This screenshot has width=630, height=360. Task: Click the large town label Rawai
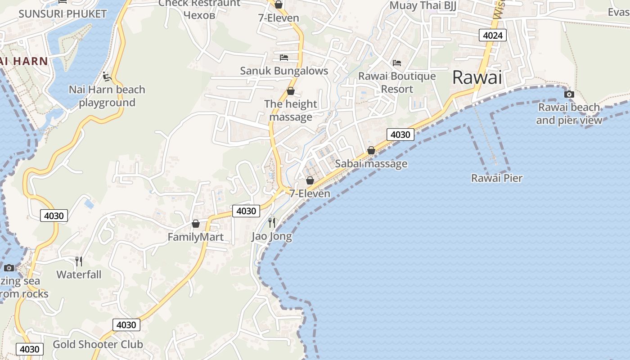pos(477,77)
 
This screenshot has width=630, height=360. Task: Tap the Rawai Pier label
pos(497,178)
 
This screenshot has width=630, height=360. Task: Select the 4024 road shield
pos(493,35)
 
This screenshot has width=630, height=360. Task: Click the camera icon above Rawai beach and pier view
pos(569,94)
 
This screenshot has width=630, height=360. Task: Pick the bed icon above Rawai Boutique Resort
pos(396,63)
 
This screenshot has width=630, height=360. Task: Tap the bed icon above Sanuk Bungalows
pos(284,57)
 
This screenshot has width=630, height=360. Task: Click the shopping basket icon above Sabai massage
pos(371,150)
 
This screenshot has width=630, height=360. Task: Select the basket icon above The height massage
pos(291,91)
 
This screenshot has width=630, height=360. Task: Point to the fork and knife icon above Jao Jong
pos(272,222)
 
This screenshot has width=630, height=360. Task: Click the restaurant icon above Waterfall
pos(79,261)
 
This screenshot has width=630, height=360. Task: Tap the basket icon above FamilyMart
pos(196,223)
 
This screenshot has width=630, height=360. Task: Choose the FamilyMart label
pos(196,237)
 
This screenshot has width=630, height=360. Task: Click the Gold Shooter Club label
pos(98,345)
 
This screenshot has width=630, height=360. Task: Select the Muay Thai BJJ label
pos(423,5)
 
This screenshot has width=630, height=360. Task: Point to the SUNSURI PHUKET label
pos(63,14)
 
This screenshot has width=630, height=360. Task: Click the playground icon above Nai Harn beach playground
pos(107,76)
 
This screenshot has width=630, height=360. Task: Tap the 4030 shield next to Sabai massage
pos(400,135)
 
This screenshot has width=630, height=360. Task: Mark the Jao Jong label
pos(272,236)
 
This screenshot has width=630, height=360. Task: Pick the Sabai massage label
pos(371,164)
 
